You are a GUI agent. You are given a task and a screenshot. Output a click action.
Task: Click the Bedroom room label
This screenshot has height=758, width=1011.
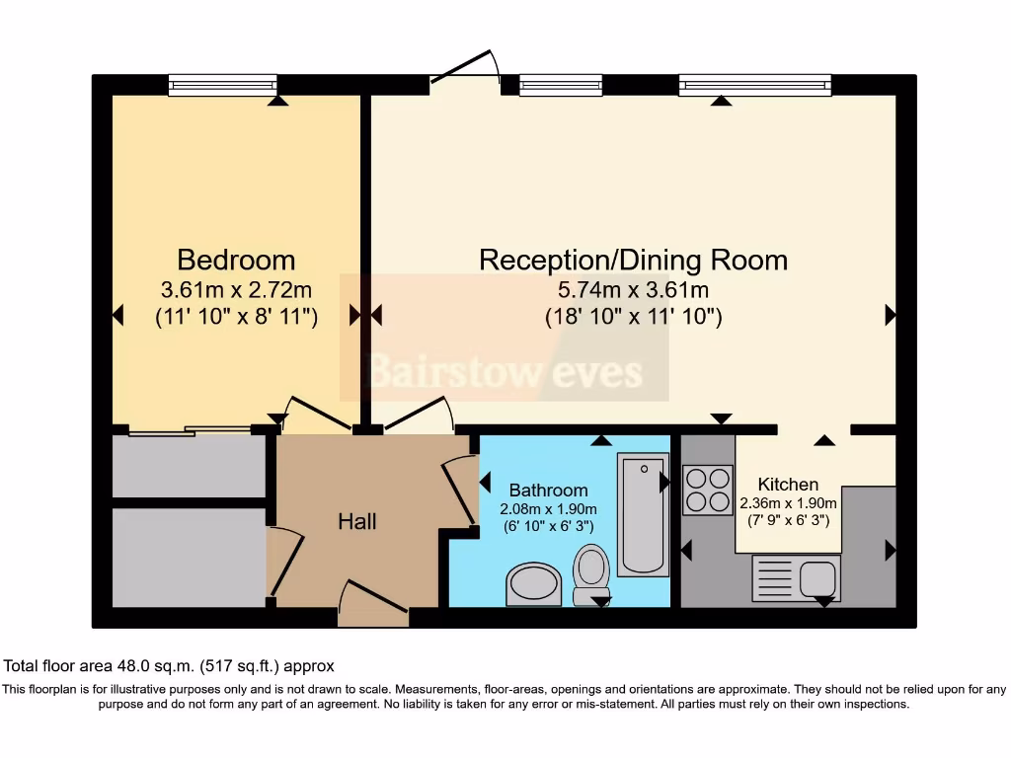click(x=236, y=260)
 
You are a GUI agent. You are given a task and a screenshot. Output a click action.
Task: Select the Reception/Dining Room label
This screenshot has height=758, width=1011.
click(x=633, y=260)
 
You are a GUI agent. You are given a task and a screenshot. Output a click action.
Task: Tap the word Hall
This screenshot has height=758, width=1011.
click(x=356, y=521)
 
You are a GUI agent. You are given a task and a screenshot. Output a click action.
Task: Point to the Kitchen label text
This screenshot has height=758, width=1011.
click(x=788, y=485)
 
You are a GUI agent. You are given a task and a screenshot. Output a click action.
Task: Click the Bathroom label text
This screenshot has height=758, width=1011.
click(x=548, y=491)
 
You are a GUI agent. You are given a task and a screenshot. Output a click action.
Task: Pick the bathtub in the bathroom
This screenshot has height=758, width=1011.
click(x=642, y=514)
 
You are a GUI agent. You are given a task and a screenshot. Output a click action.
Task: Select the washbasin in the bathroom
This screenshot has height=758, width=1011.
click(x=533, y=584)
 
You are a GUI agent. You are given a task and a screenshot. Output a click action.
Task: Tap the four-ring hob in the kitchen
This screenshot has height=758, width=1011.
click(x=707, y=490)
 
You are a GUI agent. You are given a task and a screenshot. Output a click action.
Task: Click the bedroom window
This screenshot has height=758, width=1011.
click(x=222, y=86)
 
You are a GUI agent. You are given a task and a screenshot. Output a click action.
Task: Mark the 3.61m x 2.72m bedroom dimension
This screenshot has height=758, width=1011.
click(x=236, y=290)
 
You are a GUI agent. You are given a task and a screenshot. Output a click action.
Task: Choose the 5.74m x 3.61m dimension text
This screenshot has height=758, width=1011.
click(x=633, y=290)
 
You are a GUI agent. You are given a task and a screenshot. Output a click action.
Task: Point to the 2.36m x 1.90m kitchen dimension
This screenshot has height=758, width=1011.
click(x=788, y=502)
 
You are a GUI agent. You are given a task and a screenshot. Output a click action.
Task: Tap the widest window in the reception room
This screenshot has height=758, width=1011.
click(x=754, y=86)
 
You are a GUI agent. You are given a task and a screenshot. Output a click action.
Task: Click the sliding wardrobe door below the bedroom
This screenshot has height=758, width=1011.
click(x=190, y=430)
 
